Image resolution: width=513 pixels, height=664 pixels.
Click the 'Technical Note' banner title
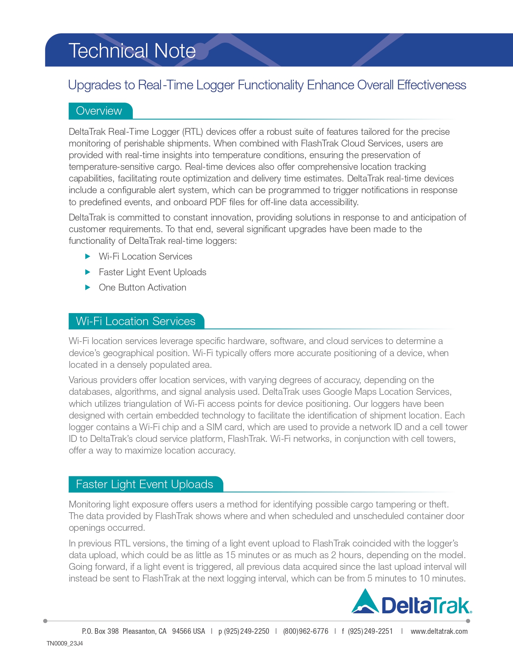click(x=132, y=51)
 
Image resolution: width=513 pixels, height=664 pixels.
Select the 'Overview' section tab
click(x=99, y=111)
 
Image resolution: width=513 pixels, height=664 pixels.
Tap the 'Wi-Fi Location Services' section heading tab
click(x=136, y=321)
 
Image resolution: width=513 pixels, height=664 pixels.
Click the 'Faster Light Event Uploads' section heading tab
click(x=144, y=484)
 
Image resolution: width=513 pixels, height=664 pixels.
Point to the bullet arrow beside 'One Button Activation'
click(x=88, y=287)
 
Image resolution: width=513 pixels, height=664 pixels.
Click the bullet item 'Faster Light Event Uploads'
click(x=152, y=272)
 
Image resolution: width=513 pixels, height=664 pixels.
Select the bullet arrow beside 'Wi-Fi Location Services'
click(x=88, y=256)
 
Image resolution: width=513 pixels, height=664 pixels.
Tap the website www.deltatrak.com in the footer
click(x=439, y=631)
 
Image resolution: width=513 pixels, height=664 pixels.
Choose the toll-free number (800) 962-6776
click(x=305, y=631)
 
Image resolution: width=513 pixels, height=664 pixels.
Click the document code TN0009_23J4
click(x=64, y=643)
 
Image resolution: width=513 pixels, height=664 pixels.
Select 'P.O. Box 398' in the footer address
click(x=100, y=631)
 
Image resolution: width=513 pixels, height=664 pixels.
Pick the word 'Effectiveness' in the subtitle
click(x=431, y=85)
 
